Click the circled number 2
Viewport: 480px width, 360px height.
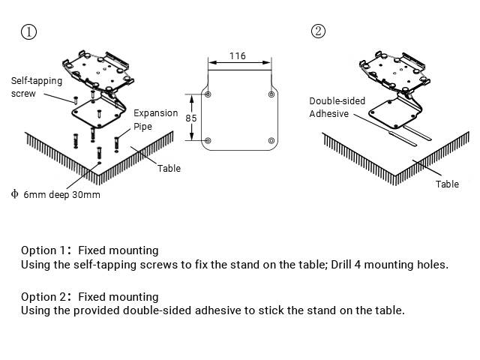pos(319,31)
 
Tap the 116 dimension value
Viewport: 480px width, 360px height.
pos(237,56)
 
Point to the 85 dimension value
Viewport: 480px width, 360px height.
pos(191,118)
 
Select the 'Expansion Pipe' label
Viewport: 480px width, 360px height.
pos(156,120)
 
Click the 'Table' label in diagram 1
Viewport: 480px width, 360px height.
pos(169,168)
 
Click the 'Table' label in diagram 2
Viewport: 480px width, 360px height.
pos(447,184)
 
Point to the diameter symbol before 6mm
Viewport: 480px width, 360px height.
pos(14,193)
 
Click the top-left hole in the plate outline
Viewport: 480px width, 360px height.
pos(208,95)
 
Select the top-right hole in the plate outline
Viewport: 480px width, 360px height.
pos(271,95)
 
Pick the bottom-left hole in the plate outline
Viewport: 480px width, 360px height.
pos(208,140)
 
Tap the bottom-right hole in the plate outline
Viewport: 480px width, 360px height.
pos(271,140)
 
